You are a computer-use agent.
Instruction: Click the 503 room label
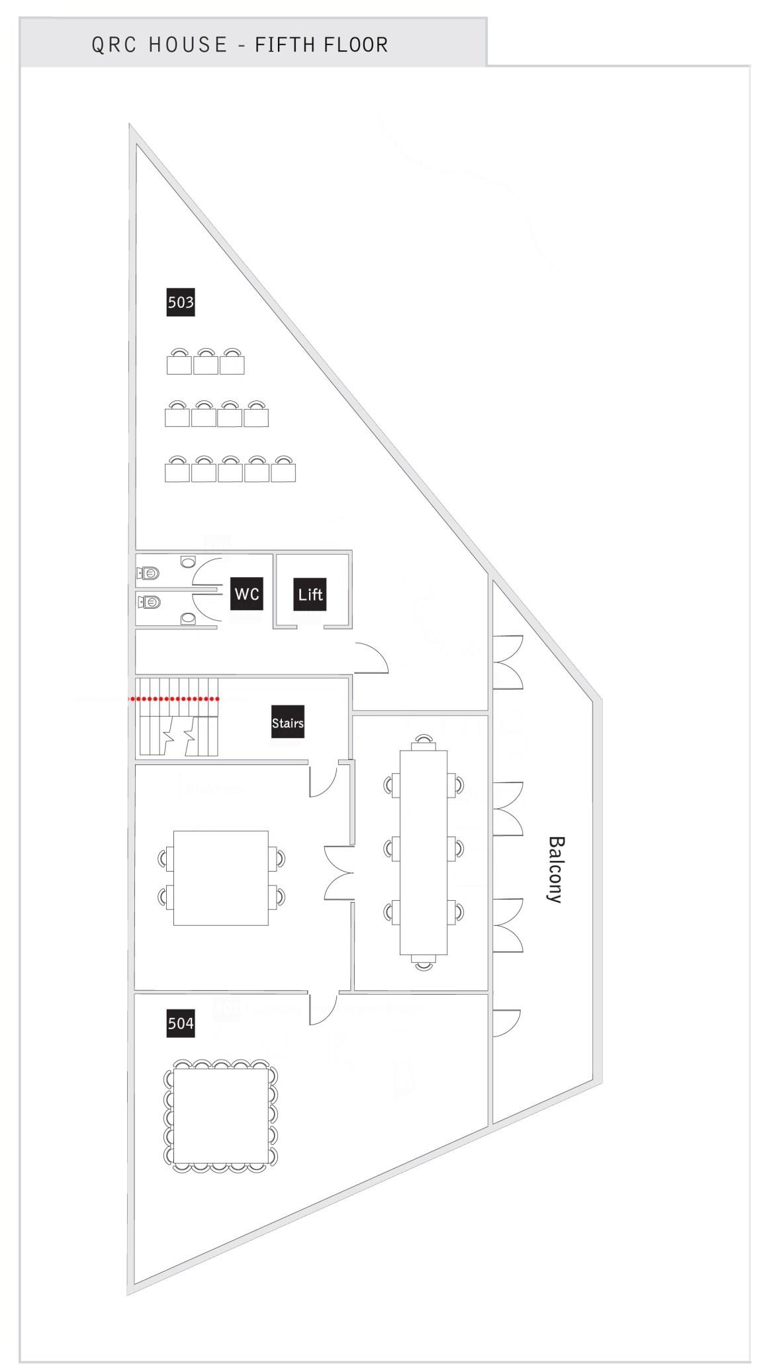pos(181,302)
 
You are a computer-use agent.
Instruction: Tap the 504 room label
pos(181,1023)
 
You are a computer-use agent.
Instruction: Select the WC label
pos(247,594)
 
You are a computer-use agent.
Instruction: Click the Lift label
pos(310,594)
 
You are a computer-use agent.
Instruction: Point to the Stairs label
pos(288,723)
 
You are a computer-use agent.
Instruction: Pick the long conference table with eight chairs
pos(424,852)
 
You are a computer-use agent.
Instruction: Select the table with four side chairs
pos(220,878)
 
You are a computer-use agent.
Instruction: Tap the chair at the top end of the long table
pos(424,741)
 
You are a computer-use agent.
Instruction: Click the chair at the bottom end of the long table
pos(424,963)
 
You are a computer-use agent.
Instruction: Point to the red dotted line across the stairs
pos(175,698)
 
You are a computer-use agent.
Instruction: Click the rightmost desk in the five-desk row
pos(283,472)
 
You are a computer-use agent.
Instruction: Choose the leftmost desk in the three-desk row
pos(179,364)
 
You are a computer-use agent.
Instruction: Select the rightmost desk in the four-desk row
pos(256,418)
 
